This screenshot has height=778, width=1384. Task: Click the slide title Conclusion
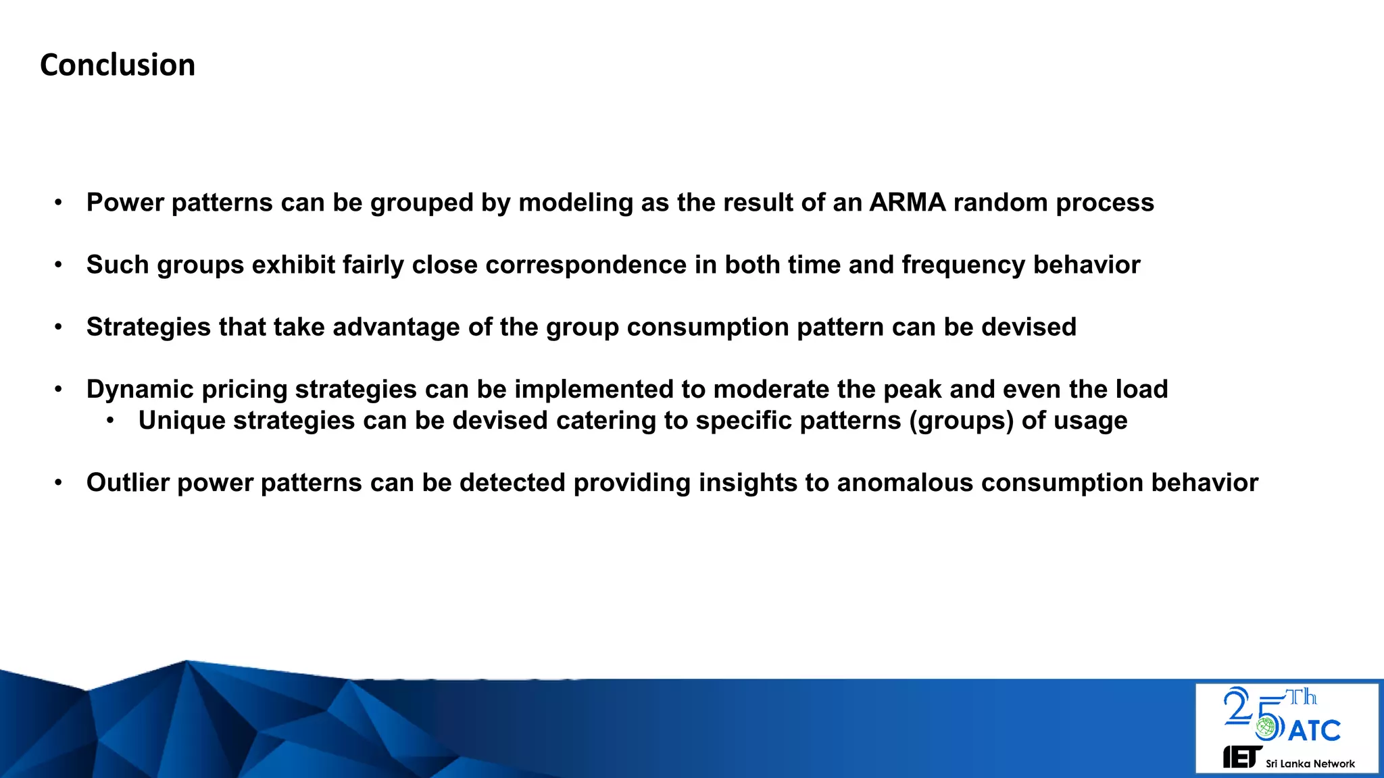pos(118,65)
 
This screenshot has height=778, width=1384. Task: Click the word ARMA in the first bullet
pos(907,203)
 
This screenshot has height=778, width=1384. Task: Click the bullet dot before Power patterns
pos(59,203)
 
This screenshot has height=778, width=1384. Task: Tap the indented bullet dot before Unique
pos(110,421)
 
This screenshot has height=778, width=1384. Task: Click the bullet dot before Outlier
pos(59,483)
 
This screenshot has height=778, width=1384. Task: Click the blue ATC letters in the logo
pos(1314,731)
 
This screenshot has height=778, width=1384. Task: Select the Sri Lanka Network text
pos(1310,764)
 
